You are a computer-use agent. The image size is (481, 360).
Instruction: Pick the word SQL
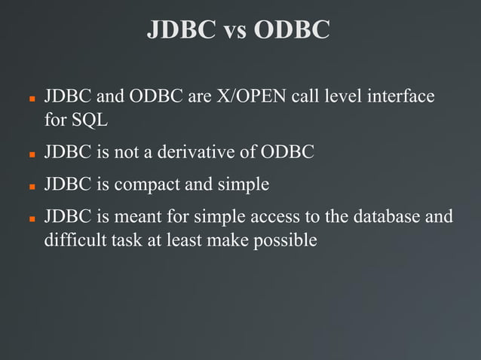click(x=93, y=119)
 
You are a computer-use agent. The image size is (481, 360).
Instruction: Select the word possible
click(x=286, y=239)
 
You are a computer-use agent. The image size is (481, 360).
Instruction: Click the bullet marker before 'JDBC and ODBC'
click(x=32, y=99)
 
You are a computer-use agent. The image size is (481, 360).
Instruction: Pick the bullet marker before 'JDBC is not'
click(x=32, y=154)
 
